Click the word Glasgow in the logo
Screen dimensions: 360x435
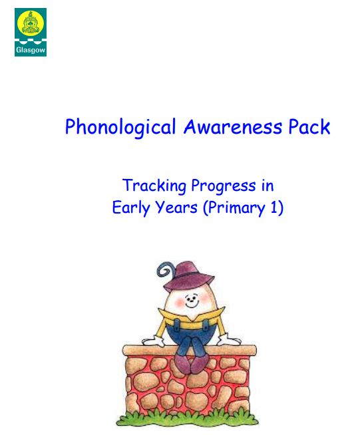pyautogui.click(x=31, y=51)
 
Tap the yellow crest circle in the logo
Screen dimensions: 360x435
pyautogui.click(x=31, y=23)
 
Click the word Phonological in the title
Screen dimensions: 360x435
pyautogui.click(x=120, y=127)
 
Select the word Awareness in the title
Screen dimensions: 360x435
pyautogui.click(x=233, y=127)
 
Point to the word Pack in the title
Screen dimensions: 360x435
pyautogui.click(x=309, y=127)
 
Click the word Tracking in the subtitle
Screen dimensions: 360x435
pyautogui.click(x=154, y=186)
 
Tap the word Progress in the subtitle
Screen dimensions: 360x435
pyautogui.click(x=223, y=186)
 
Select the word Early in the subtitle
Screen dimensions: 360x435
pyautogui.click(x=131, y=208)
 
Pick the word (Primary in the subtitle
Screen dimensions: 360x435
pyautogui.click(x=234, y=208)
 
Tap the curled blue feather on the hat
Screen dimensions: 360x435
pyautogui.click(x=166, y=269)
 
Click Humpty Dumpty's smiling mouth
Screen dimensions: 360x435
pyautogui.click(x=192, y=305)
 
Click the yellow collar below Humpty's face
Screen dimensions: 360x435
pyautogui.click(x=191, y=315)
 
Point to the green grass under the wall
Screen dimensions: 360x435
pyautogui.click(x=187, y=419)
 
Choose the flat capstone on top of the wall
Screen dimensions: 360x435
pyautogui.click(x=190, y=351)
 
